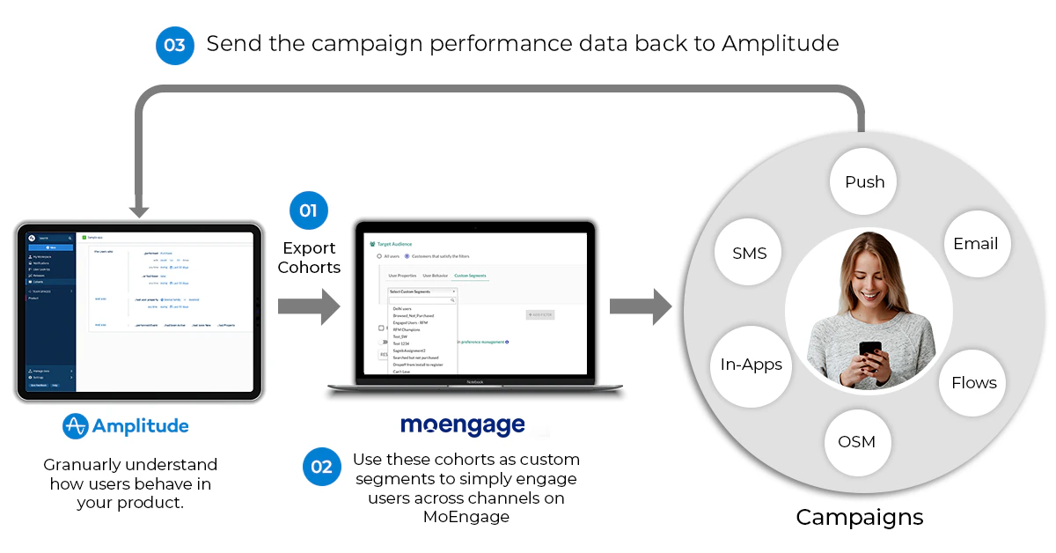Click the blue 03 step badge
point(174,45)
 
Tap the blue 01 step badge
point(309,211)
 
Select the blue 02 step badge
point(322,467)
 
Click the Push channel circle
point(864,182)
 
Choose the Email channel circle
point(975,244)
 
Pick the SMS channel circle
point(750,254)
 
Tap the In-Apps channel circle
point(751,365)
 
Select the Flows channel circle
point(973,382)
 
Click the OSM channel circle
point(856,441)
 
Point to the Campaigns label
point(860,517)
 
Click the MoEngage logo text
point(463,426)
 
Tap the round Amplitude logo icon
point(76,426)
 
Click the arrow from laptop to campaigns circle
point(641,306)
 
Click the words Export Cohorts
point(309,258)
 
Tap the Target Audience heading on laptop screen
point(394,243)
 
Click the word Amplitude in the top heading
point(780,43)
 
